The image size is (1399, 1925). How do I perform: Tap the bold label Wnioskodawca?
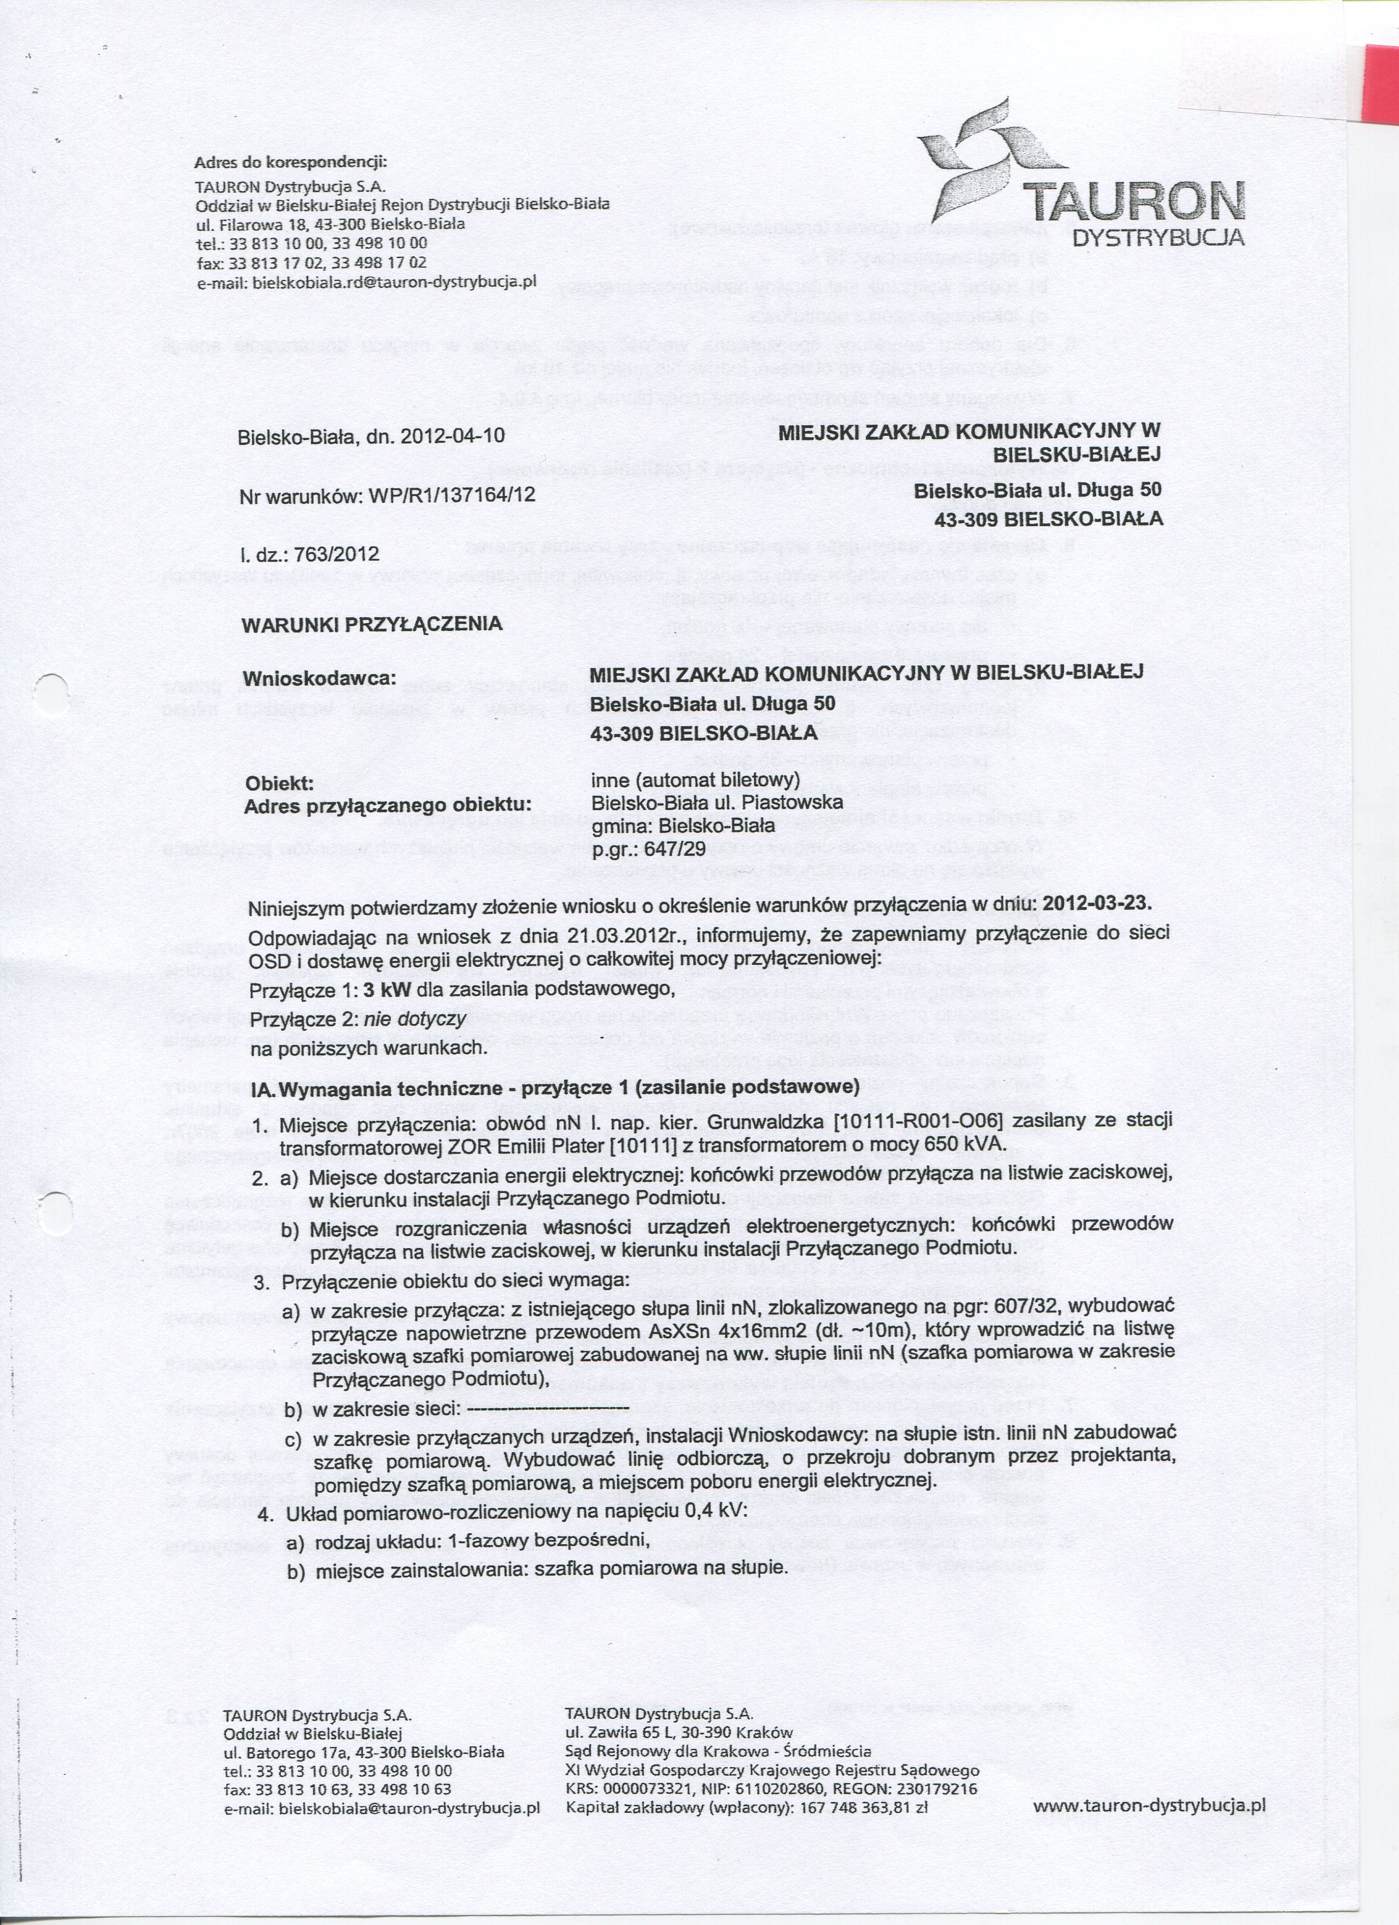320,680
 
